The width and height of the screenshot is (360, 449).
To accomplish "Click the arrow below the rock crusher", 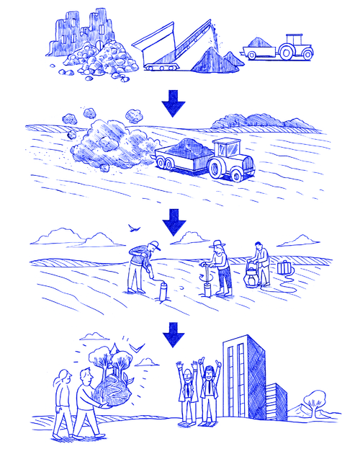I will [173, 105].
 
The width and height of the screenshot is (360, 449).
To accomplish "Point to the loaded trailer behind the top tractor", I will [259, 50].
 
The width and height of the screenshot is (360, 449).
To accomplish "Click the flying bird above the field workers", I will [132, 228].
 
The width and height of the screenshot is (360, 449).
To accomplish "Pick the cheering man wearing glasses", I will [186, 389].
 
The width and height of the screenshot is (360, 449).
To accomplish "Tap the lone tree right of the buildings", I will [316, 400].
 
